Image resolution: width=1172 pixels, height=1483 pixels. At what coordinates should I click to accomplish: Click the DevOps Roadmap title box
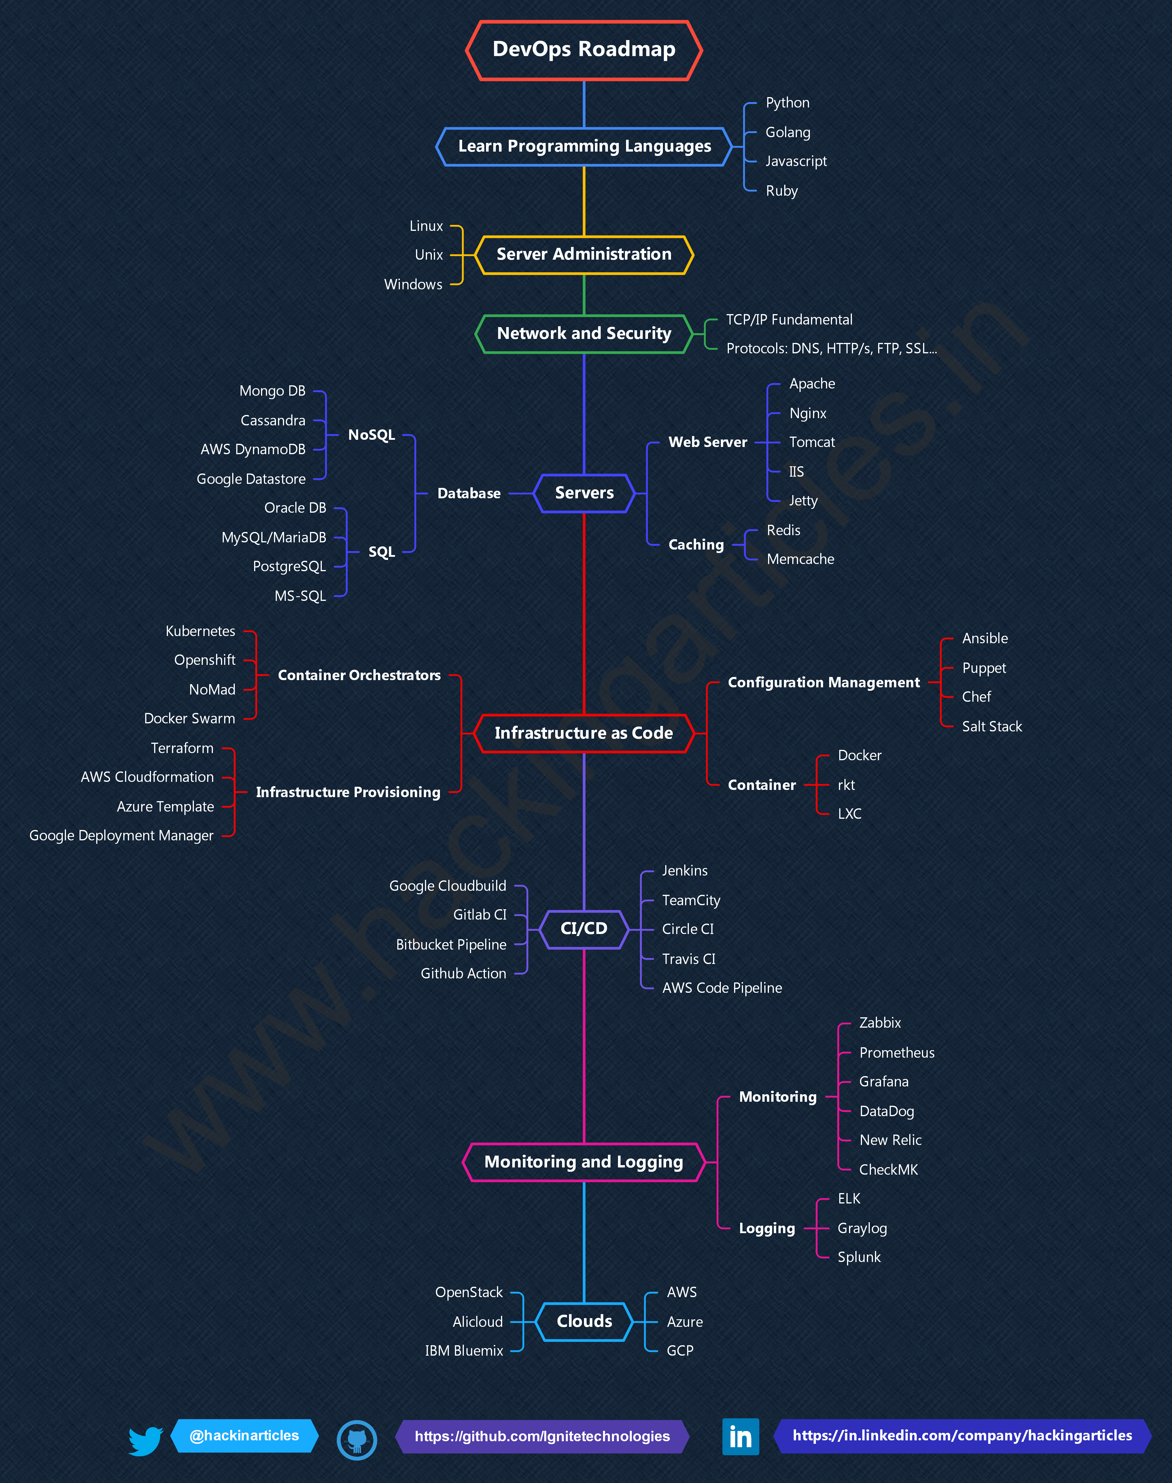pyautogui.click(x=584, y=49)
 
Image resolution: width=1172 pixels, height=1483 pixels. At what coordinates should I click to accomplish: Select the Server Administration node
pyautogui.click(x=584, y=254)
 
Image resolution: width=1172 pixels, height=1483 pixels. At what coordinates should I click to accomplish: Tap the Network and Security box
pyautogui.click(x=584, y=333)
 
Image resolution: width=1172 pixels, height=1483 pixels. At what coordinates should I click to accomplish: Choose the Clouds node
pyautogui.click(x=584, y=1321)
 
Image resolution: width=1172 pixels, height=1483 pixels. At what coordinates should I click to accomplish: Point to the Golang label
pyautogui.click(x=788, y=133)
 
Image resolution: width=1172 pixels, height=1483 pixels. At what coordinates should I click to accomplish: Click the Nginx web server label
pyautogui.click(x=808, y=413)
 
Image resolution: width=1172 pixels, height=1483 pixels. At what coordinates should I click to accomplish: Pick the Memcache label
pyautogui.click(x=800, y=559)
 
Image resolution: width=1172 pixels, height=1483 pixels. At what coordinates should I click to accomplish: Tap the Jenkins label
pyautogui.click(x=684, y=871)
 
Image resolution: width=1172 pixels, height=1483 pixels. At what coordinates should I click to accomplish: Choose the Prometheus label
pyautogui.click(x=896, y=1053)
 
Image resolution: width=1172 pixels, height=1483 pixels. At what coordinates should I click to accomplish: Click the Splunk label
pyautogui.click(x=859, y=1257)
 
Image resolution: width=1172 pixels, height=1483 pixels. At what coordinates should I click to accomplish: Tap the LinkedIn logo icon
pyautogui.click(x=740, y=1436)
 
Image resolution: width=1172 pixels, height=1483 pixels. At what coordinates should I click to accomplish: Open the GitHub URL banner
pyautogui.click(x=542, y=1436)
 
